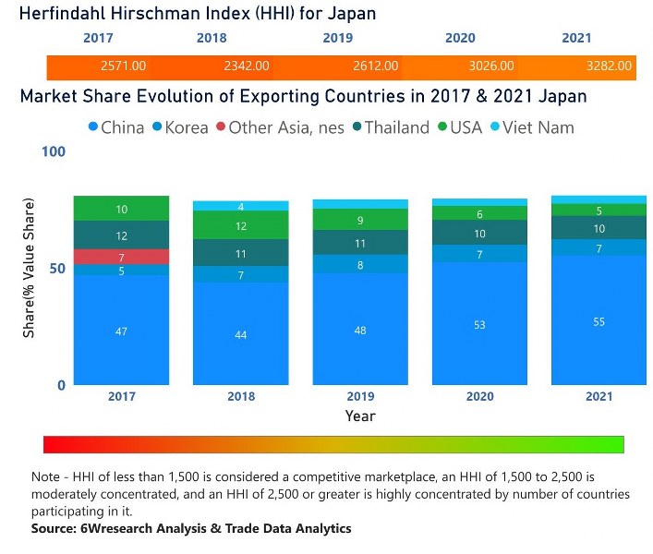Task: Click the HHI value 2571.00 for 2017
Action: coord(123,66)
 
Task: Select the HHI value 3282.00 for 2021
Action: coord(609,66)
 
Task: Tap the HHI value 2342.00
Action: coord(246,66)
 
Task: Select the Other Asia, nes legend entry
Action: coord(278,127)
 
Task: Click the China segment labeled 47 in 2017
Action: coord(122,331)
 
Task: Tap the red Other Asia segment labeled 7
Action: coord(122,257)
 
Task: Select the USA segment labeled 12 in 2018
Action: coord(241,225)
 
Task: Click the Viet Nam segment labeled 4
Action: coord(241,206)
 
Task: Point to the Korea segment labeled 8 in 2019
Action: coord(360,264)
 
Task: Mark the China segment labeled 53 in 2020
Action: coord(479,325)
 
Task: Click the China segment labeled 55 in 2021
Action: coord(599,320)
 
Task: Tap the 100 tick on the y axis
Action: coord(54,151)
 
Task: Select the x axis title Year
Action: coord(360,415)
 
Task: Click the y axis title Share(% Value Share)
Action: coord(29,268)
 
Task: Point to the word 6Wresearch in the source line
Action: coord(104,529)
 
